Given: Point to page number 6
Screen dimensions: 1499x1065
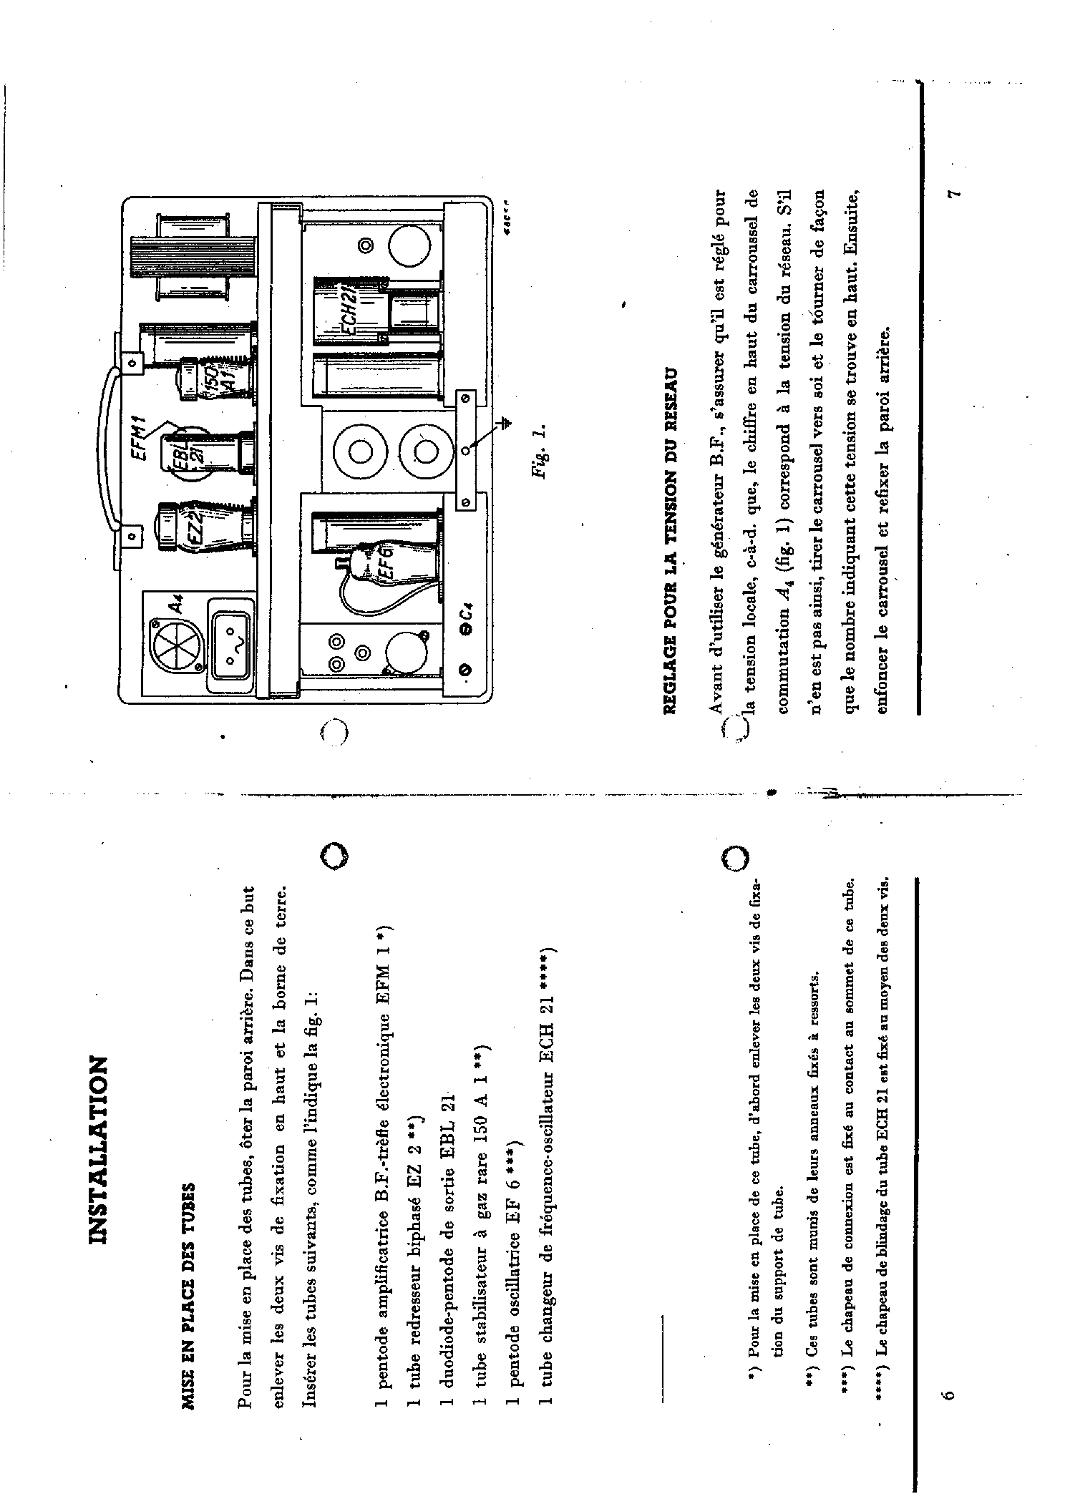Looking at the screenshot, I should [949, 1395].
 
